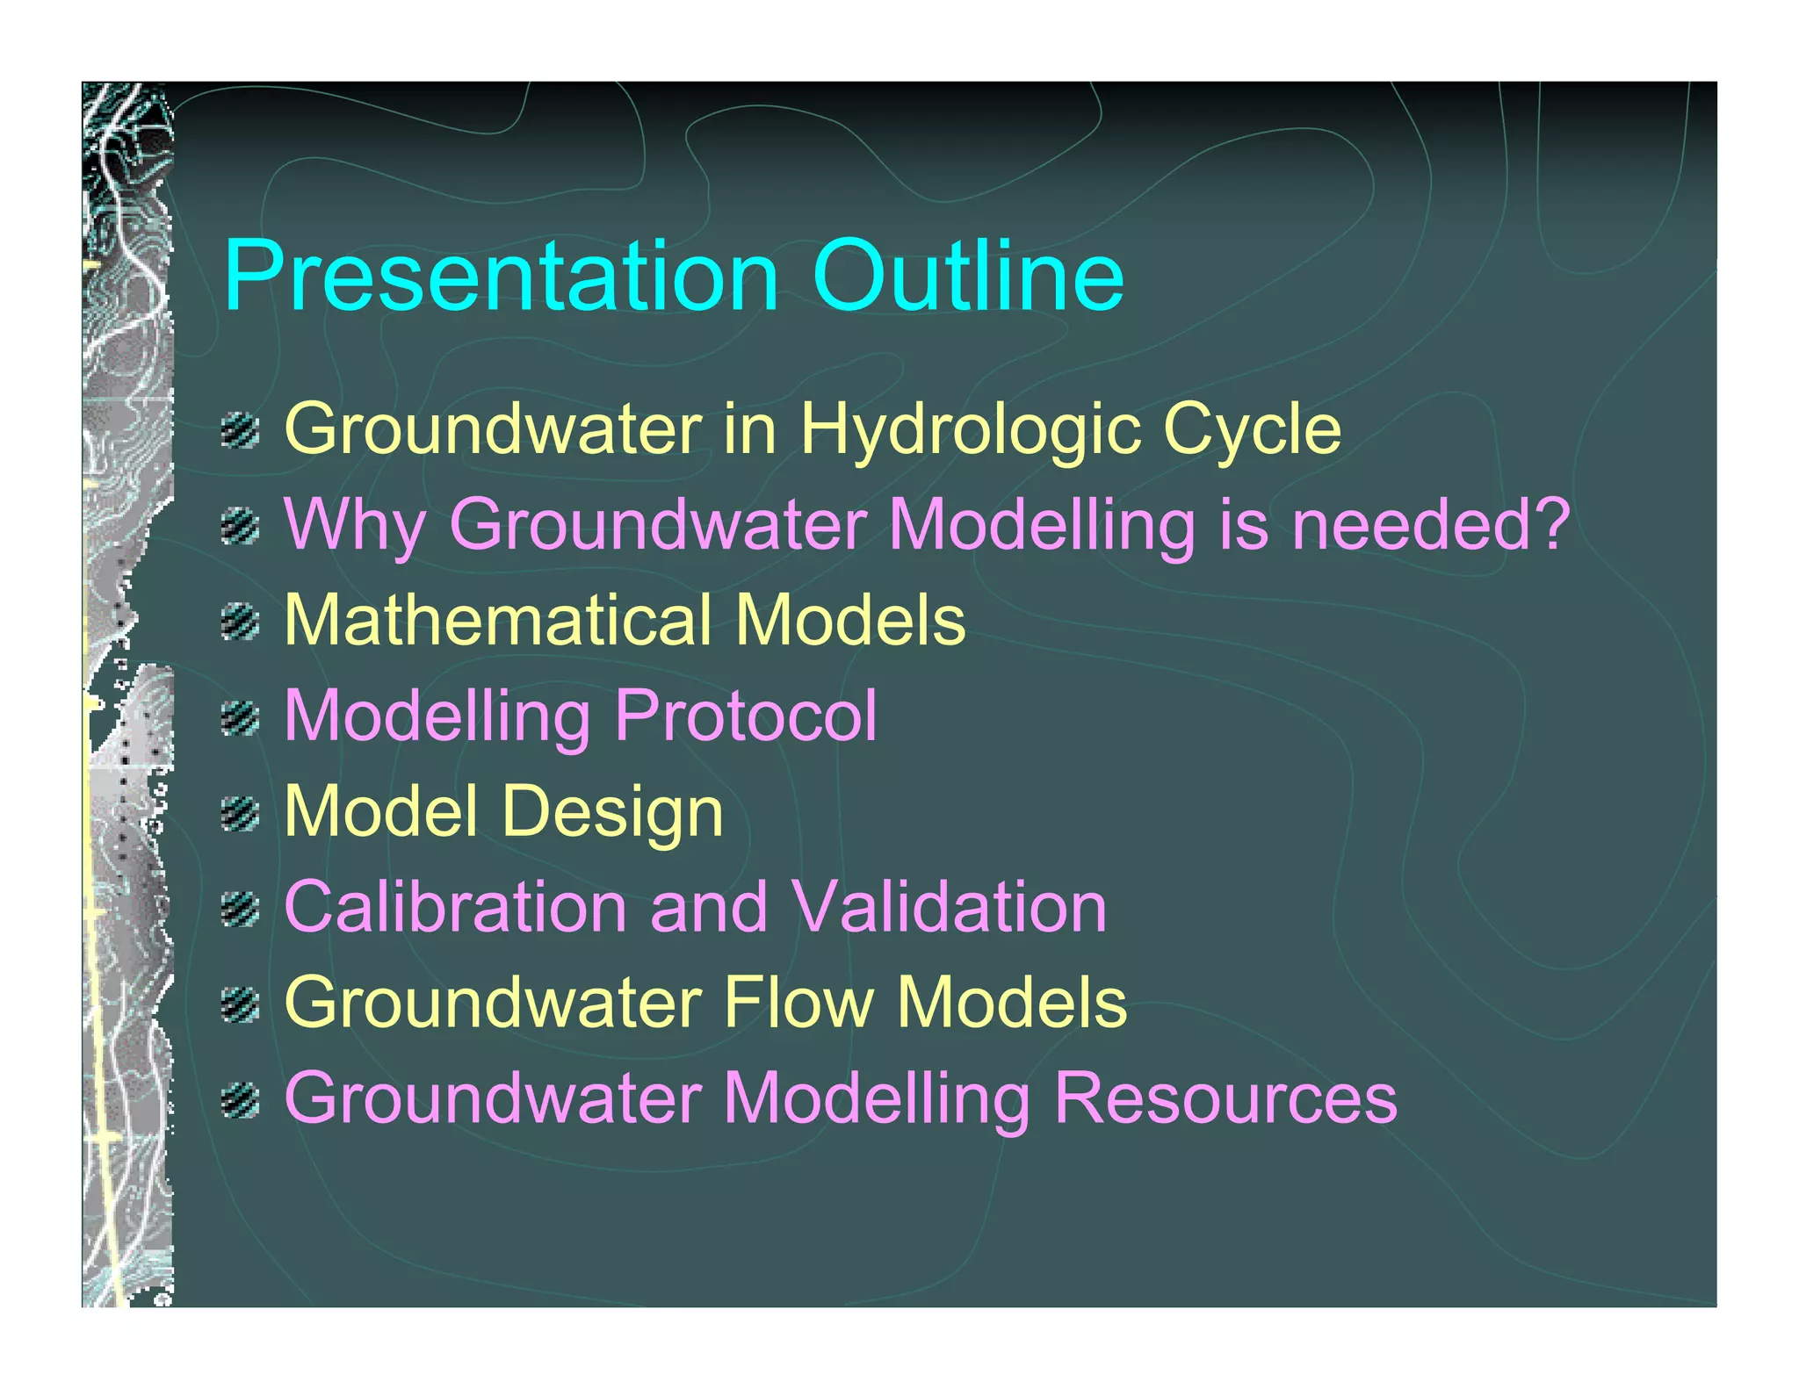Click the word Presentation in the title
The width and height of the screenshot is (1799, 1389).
pos(501,277)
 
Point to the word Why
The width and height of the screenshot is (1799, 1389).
pos(355,525)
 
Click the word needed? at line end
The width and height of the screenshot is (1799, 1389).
pos(1430,524)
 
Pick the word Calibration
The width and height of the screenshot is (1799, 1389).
pos(455,907)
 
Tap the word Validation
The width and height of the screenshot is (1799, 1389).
pos(948,907)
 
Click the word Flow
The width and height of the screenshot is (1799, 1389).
pos(798,1003)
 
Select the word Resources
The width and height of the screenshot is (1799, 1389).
pos(1225,1098)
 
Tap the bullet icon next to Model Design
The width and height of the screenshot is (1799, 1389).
pos(240,814)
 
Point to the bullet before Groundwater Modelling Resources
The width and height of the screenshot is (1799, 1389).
pos(240,1100)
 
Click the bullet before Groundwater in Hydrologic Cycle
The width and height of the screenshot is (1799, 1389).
pos(240,431)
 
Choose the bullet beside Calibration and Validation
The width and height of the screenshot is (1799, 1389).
pos(240,909)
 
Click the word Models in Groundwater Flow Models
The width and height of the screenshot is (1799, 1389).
pos(1011,1003)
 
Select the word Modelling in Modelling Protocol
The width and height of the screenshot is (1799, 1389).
pos(437,716)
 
